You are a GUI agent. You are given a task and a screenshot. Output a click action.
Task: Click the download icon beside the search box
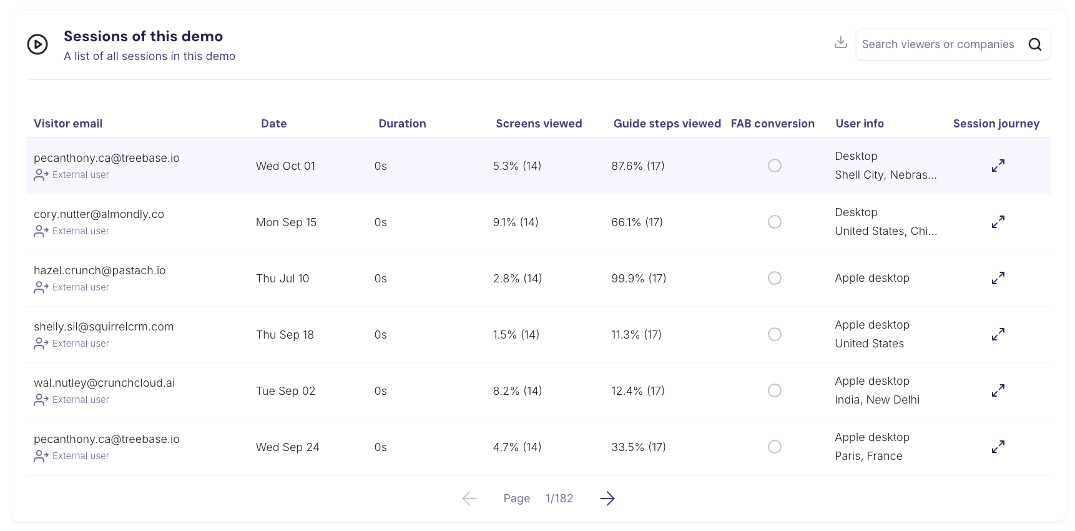(x=841, y=42)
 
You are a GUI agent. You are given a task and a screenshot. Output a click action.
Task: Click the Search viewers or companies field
(x=938, y=44)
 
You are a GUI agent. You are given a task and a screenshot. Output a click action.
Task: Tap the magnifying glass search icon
(x=1034, y=44)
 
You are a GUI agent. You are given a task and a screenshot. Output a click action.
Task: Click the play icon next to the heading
(x=37, y=44)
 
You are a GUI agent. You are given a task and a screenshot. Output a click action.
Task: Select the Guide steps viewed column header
(x=667, y=124)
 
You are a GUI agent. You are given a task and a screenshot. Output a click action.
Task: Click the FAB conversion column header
(x=772, y=124)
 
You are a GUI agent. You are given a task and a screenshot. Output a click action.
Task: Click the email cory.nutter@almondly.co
(x=99, y=214)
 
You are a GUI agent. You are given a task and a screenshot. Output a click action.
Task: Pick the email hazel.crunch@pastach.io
(x=99, y=270)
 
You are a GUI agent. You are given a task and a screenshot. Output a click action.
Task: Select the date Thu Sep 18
(x=285, y=335)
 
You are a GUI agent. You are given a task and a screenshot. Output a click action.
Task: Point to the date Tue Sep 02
(x=285, y=391)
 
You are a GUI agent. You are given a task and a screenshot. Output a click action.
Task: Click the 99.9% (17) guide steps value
(x=639, y=279)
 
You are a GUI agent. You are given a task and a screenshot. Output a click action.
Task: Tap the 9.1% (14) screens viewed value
(x=516, y=222)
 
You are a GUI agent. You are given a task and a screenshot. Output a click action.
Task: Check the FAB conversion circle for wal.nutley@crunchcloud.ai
(x=775, y=390)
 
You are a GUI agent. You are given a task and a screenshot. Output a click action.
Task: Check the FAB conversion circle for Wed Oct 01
(x=775, y=166)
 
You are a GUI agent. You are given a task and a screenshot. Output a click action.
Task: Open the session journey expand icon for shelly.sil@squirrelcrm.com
(x=998, y=334)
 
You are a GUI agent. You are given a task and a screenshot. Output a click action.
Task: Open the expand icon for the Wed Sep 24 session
(x=998, y=447)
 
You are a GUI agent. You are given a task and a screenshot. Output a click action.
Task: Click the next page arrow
(x=607, y=499)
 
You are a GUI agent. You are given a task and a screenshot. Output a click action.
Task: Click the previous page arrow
(x=469, y=499)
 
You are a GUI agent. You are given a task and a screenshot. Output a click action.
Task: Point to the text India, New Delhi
(x=877, y=400)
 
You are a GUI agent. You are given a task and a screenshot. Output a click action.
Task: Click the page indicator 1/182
(x=559, y=499)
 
